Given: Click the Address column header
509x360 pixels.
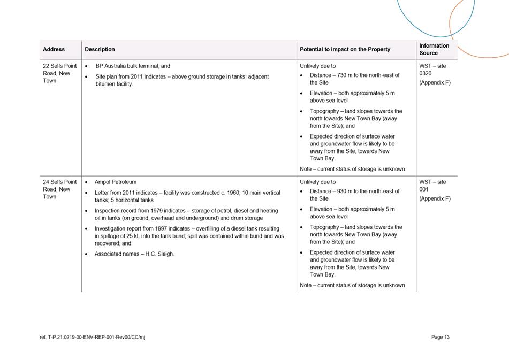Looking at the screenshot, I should (x=54, y=49).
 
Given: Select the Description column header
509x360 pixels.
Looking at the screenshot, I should (x=100, y=49).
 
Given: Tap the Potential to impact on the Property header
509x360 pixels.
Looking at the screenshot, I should (x=345, y=49).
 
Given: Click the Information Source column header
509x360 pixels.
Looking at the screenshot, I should (x=434, y=49).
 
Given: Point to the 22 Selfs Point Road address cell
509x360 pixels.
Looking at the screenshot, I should (x=59, y=73).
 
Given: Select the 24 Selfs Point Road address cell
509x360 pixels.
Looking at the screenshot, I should (x=59, y=189).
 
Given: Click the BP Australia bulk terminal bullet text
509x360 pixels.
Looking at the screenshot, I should (x=132, y=66).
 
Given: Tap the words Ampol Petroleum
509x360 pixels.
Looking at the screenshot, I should (x=115, y=182).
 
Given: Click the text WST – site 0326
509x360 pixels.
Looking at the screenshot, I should (x=432, y=70).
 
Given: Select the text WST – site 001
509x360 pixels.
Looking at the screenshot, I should (x=432, y=186).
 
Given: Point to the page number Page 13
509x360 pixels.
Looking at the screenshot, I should (x=440, y=337).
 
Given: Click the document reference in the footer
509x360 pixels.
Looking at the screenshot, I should (x=92, y=338).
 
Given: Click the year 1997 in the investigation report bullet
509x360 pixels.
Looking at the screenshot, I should (x=158, y=228).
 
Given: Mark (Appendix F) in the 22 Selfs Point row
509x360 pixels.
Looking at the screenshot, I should (x=435, y=83).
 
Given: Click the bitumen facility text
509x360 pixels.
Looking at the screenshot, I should (x=115, y=84).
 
